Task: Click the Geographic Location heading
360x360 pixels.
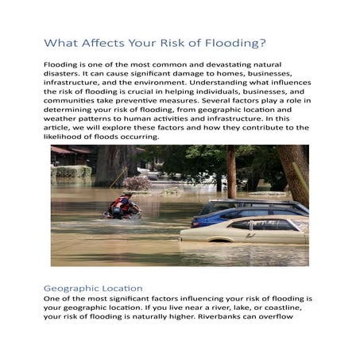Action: (93, 287)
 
